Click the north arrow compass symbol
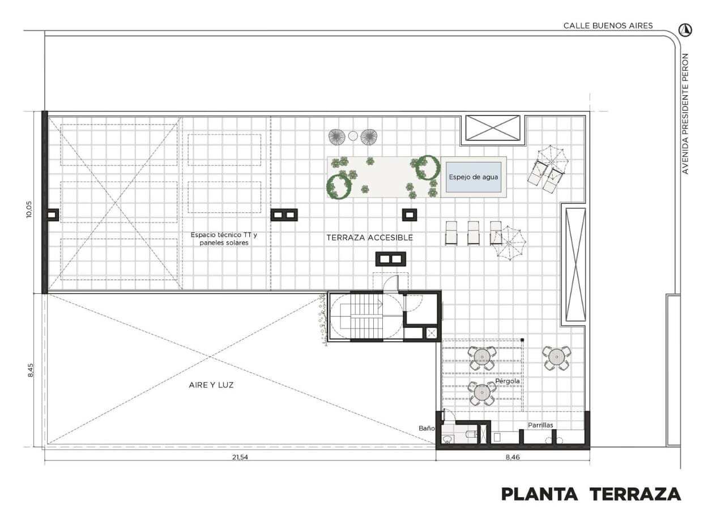point(685,30)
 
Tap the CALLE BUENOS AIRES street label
point(608,25)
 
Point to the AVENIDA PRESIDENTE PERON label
point(685,114)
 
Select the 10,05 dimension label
point(29,210)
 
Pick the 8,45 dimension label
point(30,370)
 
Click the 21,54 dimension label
point(240,457)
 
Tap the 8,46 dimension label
point(513,457)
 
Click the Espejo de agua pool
point(474,177)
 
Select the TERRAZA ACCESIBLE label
point(370,238)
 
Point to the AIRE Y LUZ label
point(211,385)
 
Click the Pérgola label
point(507,381)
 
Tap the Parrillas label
point(540,425)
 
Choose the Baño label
point(427,428)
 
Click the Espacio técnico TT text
point(224,235)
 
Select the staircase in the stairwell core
point(366,316)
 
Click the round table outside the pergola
point(557,358)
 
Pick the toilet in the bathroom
point(471,434)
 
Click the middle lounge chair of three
point(473,233)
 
